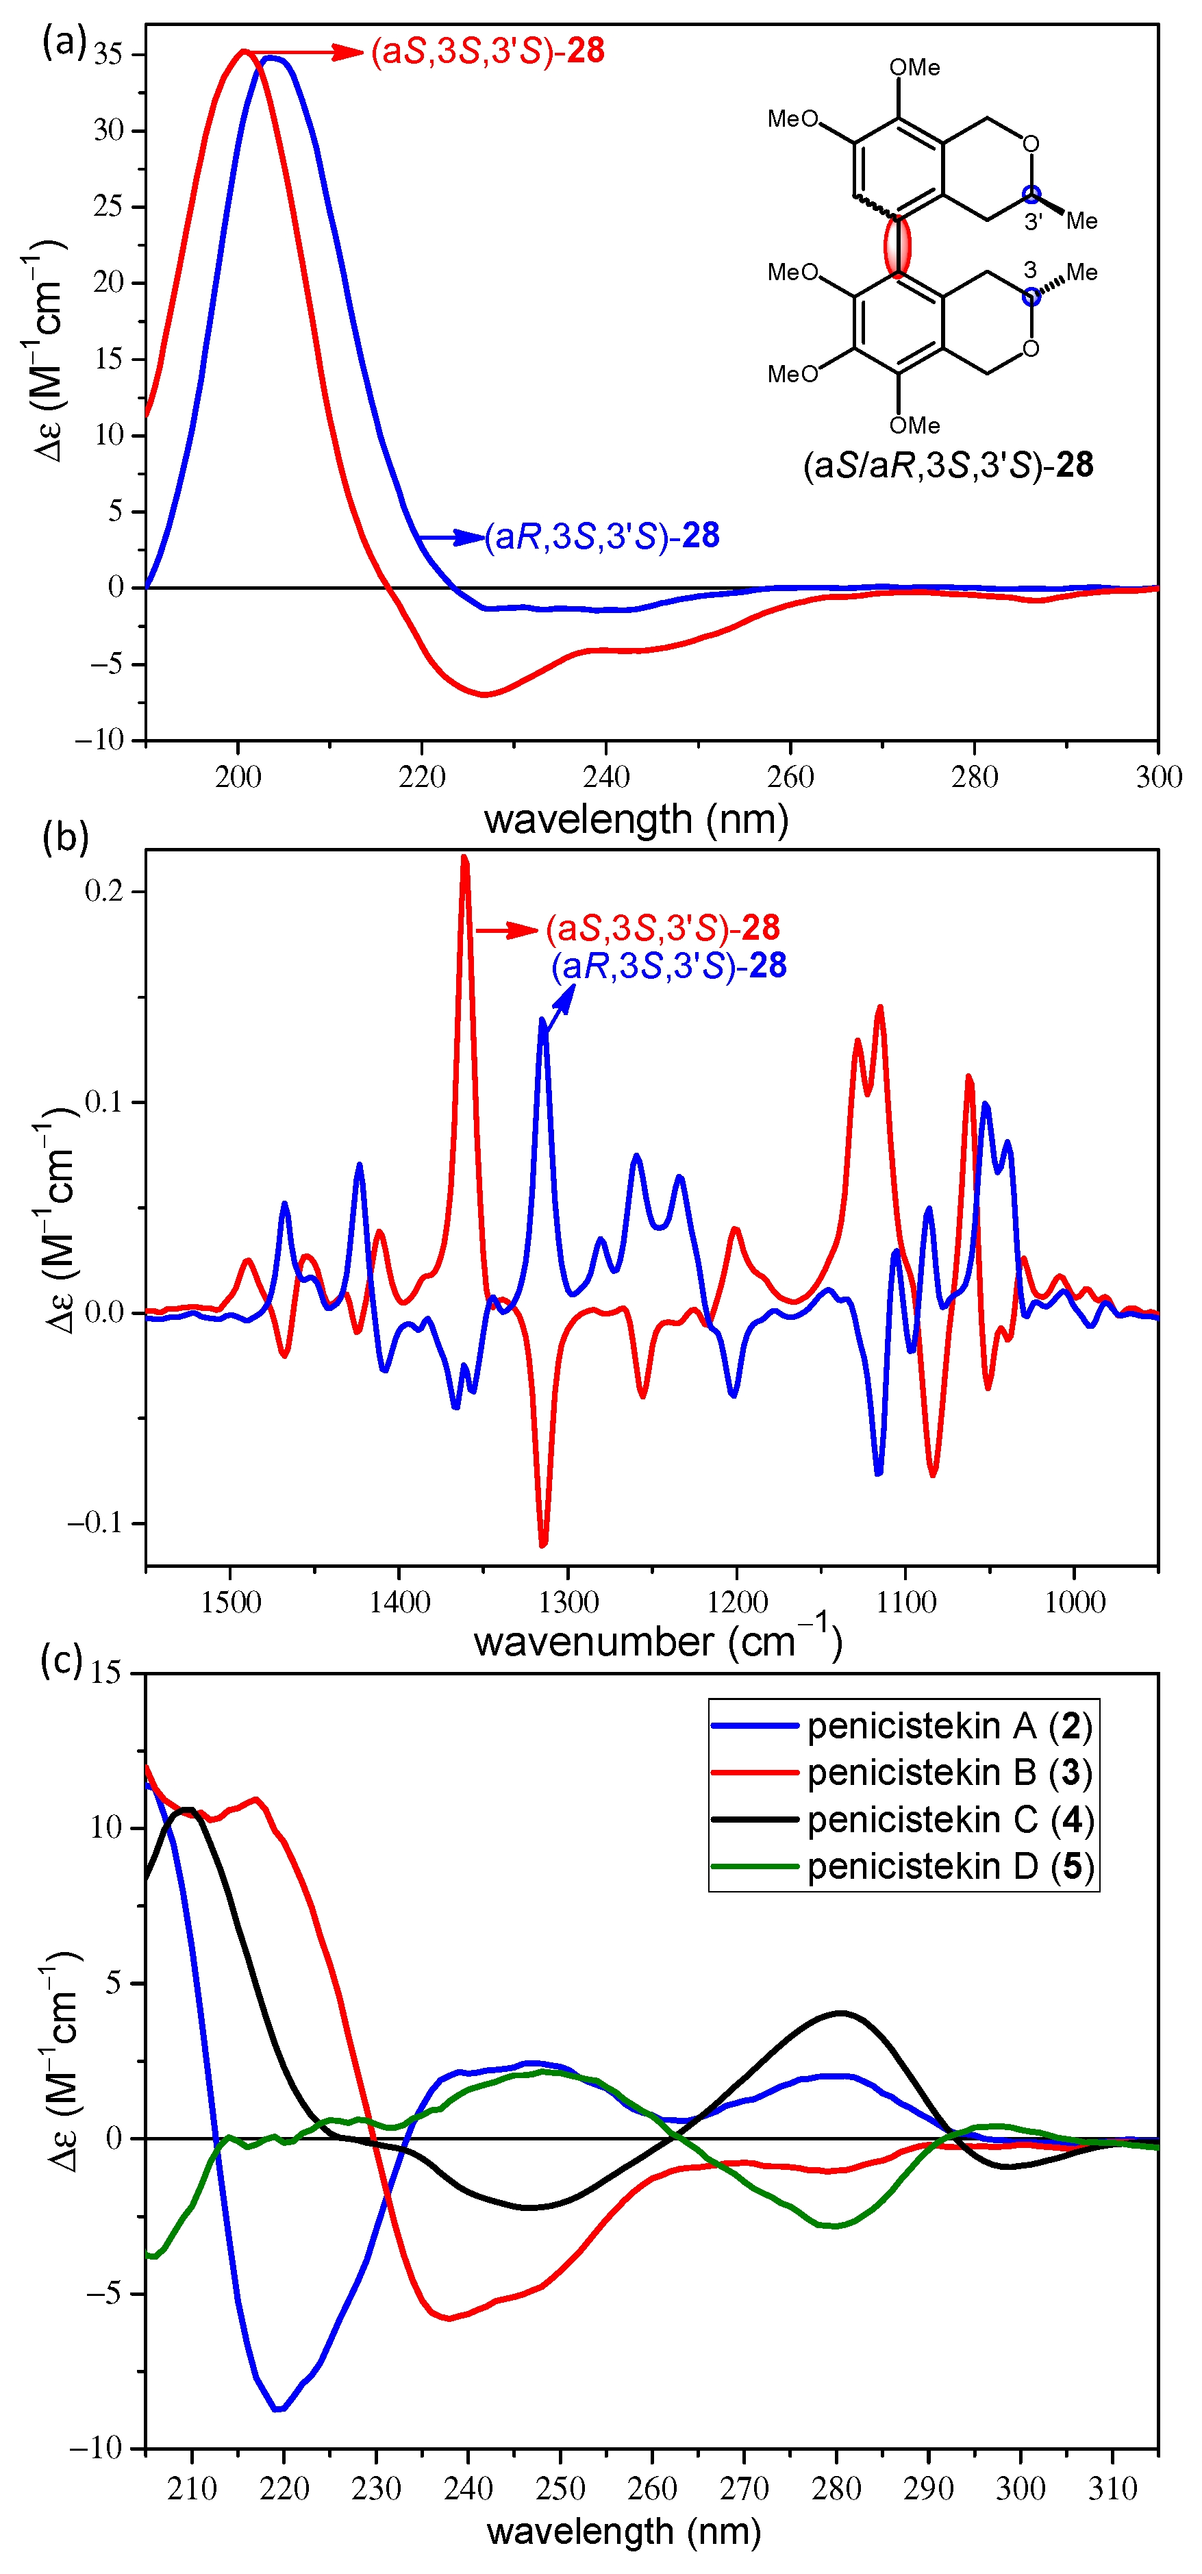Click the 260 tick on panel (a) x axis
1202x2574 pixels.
point(790,777)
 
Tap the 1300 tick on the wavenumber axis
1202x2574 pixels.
point(568,1603)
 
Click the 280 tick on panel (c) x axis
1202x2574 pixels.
point(836,2488)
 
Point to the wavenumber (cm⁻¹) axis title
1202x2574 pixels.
point(658,1642)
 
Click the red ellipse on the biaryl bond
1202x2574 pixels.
point(897,245)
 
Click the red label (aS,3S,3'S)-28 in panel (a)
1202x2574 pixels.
point(488,51)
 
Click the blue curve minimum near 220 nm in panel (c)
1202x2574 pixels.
point(279,2409)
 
